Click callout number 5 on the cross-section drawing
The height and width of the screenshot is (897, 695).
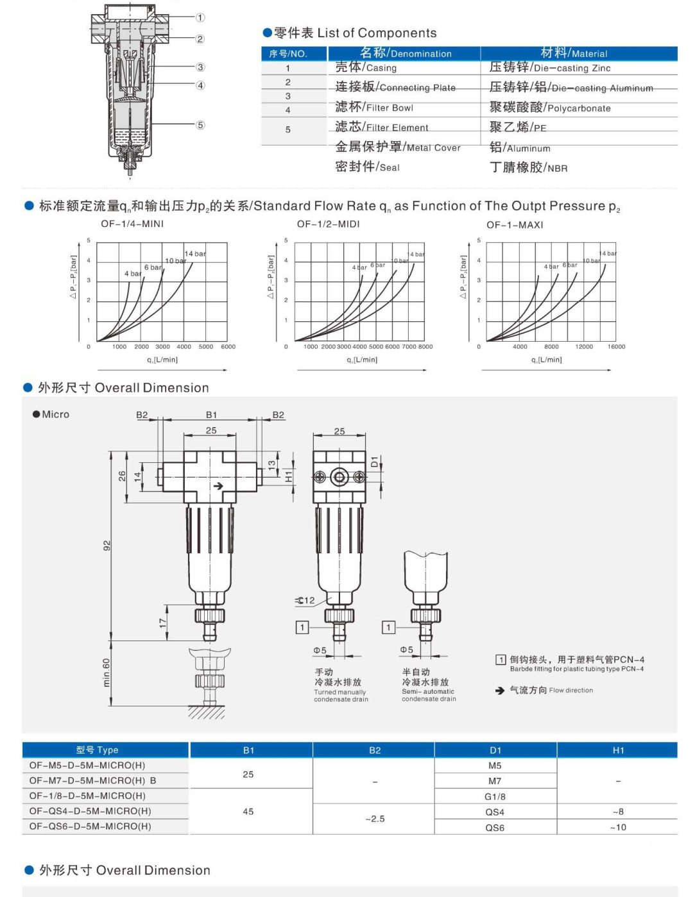click(200, 125)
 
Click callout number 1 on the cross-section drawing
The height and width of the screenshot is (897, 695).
click(200, 18)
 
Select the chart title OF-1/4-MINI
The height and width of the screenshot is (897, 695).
click(132, 224)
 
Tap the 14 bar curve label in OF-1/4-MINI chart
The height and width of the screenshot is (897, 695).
click(195, 254)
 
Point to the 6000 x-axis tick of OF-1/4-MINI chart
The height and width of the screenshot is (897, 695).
click(228, 347)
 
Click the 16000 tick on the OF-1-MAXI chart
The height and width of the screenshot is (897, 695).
click(616, 347)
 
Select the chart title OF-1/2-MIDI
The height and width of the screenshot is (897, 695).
click(328, 224)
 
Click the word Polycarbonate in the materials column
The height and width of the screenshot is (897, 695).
click(578, 108)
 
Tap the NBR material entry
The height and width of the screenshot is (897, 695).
click(557, 168)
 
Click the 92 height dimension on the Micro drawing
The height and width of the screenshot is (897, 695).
click(107, 545)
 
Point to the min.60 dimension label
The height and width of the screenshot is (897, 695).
click(107, 672)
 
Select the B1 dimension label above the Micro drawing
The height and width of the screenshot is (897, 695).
click(211, 415)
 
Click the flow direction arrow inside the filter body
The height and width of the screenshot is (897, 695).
click(218, 485)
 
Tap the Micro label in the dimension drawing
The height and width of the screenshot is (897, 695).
click(55, 414)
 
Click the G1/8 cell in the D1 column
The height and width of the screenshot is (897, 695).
click(495, 796)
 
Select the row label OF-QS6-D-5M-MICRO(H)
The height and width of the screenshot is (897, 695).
click(90, 826)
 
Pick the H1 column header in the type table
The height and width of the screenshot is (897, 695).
click(618, 750)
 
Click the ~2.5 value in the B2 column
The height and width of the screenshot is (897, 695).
click(375, 819)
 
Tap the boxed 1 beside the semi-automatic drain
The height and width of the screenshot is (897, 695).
click(388, 627)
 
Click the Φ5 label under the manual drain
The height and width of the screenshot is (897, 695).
click(320, 650)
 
